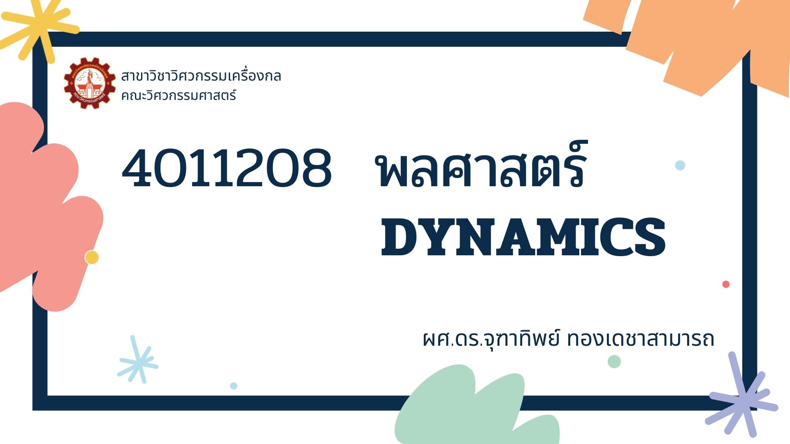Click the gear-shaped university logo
90,83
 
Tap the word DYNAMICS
523,238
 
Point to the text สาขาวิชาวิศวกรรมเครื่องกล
201,76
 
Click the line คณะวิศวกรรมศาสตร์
179,96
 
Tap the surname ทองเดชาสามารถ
640,340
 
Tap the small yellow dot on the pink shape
92,257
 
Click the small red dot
726,284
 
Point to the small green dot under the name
614,362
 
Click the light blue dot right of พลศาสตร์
680,165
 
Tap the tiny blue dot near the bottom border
234,386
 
